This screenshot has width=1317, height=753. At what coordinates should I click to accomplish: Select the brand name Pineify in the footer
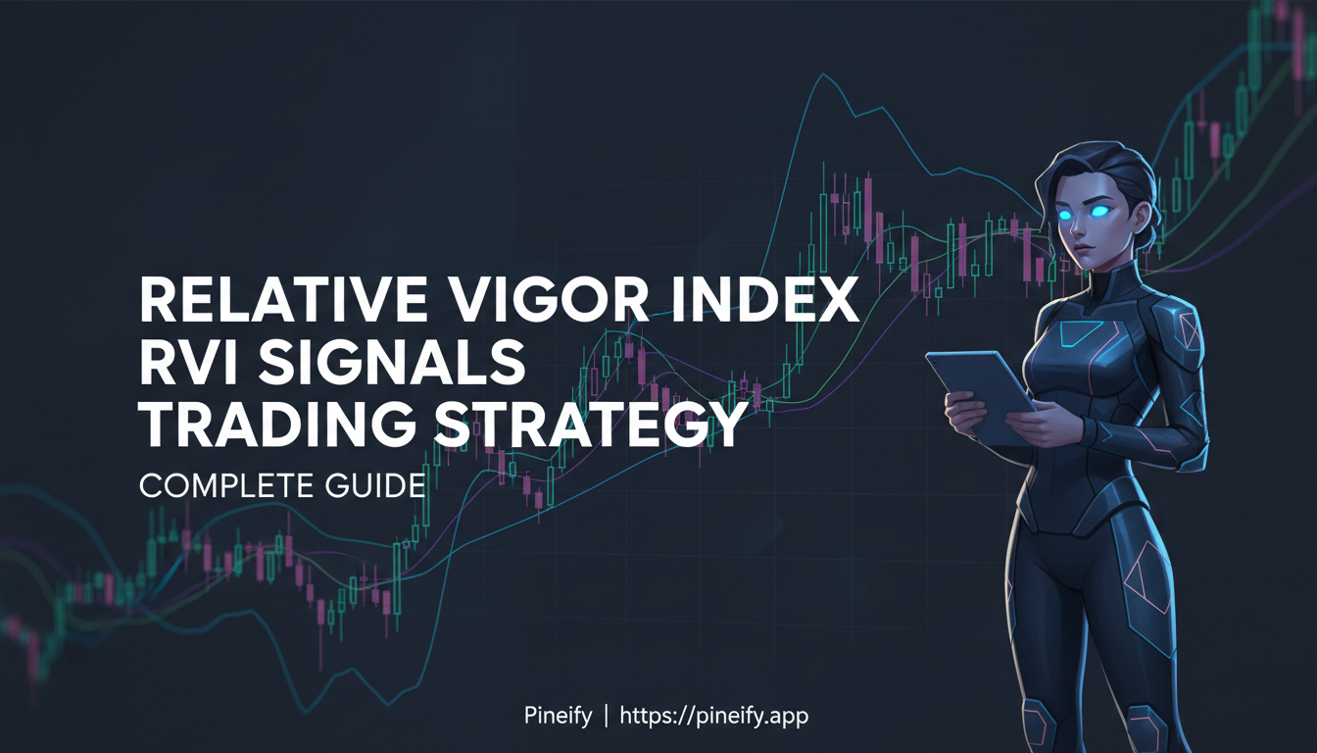pyautogui.click(x=558, y=716)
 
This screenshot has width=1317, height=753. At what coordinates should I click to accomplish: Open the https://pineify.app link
pyautogui.click(x=713, y=716)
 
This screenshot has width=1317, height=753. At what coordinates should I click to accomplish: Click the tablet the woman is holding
pyautogui.click(x=980, y=392)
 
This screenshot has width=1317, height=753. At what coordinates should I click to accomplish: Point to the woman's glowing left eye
pyautogui.click(x=1100, y=211)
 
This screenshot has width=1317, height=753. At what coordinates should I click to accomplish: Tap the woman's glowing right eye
pyautogui.click(x=1067, y=212)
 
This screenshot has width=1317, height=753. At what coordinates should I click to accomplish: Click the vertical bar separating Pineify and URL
pyautogui.click(x=606, y=716)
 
